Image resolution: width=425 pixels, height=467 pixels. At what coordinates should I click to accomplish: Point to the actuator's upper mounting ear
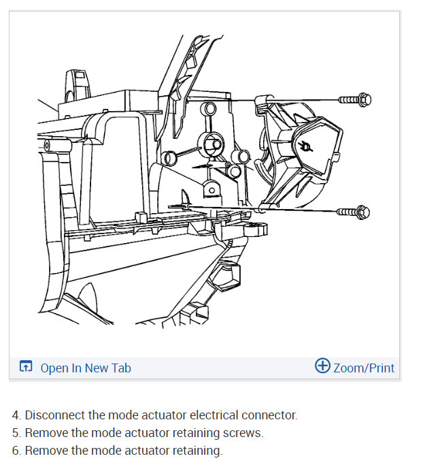coord(259,101)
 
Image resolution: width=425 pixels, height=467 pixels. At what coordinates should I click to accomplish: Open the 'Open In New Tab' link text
coord(86,368)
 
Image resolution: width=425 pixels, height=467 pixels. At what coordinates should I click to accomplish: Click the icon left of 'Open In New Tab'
coord(26,368)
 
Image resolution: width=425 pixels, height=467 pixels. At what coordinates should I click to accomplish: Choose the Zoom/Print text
coord(364,368)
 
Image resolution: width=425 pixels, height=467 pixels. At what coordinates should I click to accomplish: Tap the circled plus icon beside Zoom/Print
coord(322,366)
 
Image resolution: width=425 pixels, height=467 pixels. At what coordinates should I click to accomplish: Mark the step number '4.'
coord(16,415)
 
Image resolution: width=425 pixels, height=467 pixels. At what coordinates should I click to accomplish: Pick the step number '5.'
coord(16,432)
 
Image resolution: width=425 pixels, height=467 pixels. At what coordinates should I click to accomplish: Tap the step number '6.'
coord(16,450)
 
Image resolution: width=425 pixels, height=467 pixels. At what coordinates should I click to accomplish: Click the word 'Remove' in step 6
coord(45,450)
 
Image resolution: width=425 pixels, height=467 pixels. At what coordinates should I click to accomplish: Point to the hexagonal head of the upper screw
coord(364,100)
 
